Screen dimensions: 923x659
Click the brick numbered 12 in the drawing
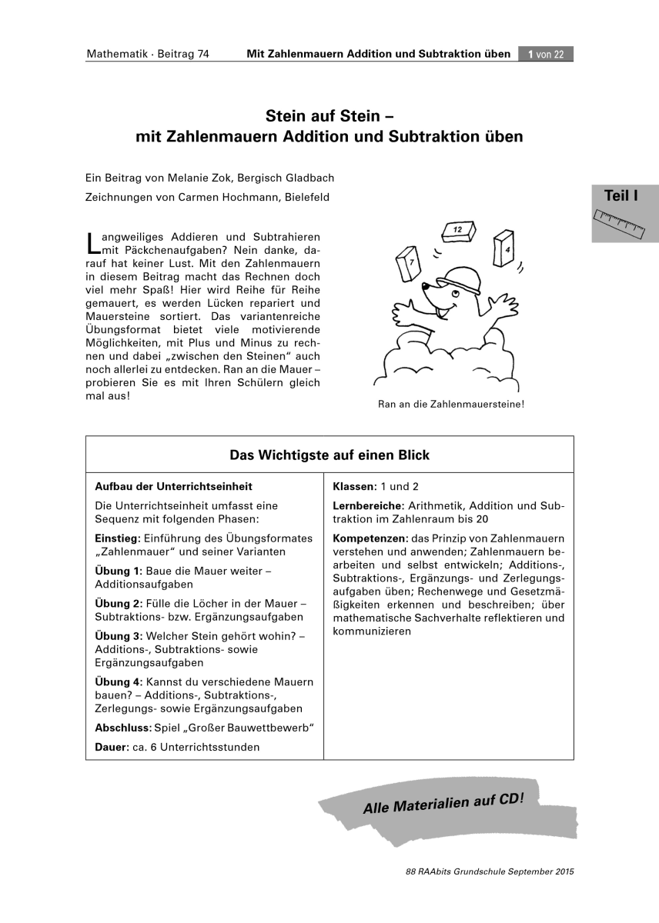[457, 229]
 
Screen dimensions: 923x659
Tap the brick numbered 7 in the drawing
[407, 264]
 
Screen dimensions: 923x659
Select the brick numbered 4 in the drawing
[504, 246]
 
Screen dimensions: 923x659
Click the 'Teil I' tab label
[621, 196]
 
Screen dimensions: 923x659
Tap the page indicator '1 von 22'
[546, 54]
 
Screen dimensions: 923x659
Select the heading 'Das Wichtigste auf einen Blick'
[329, 455]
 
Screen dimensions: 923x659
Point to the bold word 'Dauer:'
[111, 747]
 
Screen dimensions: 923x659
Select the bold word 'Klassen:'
[354, 487]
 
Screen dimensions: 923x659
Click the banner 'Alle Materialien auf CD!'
[443, 802]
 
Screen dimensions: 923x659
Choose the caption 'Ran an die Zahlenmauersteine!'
[451, 403]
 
